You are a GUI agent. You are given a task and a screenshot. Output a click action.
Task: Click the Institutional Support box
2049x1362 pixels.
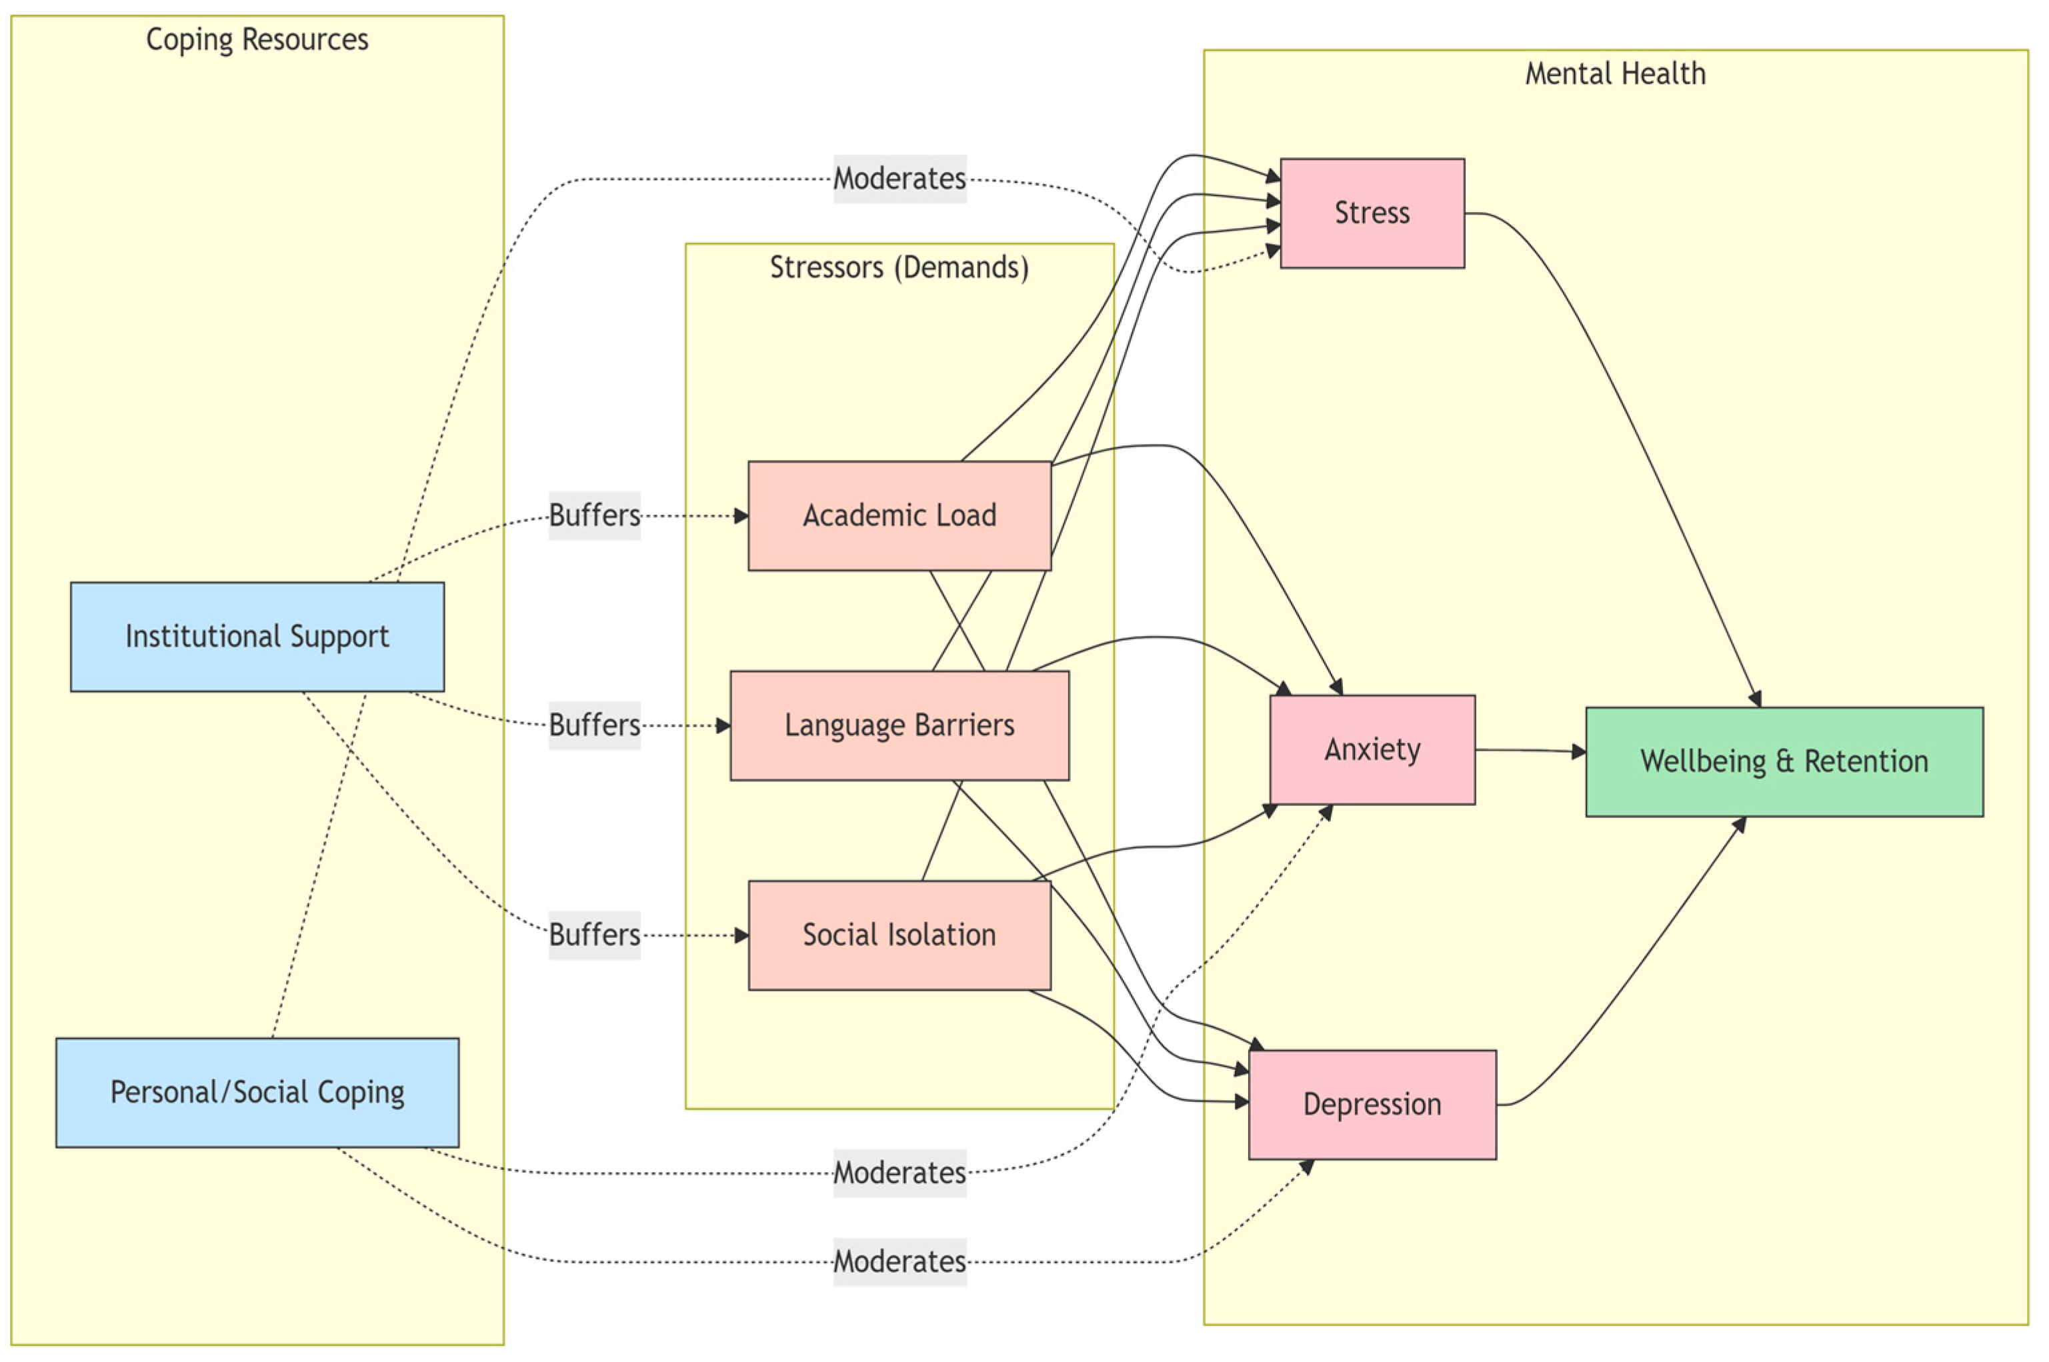coord(257,637)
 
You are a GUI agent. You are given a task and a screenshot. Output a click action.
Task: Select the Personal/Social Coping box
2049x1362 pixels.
coord(257,1092)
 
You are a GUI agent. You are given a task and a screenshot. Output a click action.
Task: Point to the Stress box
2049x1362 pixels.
coord(1372,213)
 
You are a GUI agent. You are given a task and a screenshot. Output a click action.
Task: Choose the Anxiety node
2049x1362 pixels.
coord(1372,749)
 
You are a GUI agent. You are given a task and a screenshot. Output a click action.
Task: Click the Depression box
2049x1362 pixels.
coord(1372,1104)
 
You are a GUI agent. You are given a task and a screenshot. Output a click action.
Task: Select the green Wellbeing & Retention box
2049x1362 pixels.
coord(1784,762)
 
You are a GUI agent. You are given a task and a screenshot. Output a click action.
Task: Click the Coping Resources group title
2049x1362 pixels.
coord(257,40)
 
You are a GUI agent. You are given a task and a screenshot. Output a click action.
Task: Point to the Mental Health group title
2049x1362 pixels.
coord(1616,74)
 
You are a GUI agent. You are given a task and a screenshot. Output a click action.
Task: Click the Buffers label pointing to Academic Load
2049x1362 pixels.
coord(594,516)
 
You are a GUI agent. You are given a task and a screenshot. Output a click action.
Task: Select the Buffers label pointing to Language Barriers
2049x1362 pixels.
coord(594,725)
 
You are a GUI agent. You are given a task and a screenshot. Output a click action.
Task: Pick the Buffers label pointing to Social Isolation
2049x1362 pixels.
coord(594,935)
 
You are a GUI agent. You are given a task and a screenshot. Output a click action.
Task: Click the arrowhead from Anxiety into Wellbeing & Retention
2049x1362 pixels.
coord(1579,752)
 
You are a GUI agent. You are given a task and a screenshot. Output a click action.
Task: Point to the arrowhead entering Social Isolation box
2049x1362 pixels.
coord(741,935)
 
